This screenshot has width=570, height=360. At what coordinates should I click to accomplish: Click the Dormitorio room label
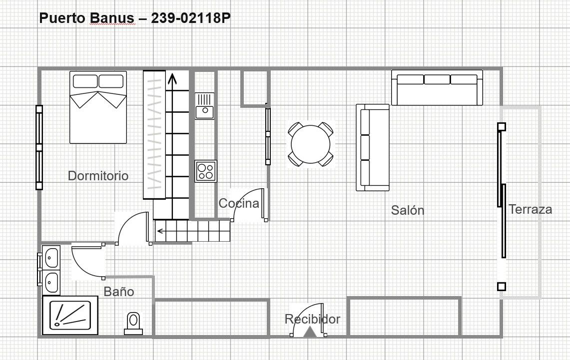[98, 176]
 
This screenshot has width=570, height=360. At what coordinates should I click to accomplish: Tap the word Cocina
[239, 203]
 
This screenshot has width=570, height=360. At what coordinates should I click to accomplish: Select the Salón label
[408, 210]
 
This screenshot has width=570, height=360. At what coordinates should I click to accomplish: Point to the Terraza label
[530, 209]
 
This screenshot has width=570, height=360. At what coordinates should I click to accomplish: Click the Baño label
[119, 291]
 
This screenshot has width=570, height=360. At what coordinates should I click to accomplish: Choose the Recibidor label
[312, 319]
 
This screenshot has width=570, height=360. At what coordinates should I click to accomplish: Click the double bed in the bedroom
[98, 107]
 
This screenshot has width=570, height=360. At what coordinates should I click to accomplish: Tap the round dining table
[311, 144]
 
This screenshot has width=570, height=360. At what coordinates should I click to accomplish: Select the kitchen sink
[205, 106]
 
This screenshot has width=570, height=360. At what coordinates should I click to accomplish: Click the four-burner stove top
[206, 171]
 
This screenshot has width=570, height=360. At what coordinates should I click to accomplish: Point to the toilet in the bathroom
[133, 323]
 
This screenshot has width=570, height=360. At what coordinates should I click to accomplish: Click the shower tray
[70, 316]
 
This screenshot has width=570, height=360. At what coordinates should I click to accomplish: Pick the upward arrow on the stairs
[171, 80]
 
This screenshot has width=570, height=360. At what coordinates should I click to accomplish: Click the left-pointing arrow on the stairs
[161, 231]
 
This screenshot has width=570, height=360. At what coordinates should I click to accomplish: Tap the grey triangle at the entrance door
[310, 332]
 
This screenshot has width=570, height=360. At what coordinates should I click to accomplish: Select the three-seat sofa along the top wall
[437, 87]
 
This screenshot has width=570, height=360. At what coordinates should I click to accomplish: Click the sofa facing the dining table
[373, 147]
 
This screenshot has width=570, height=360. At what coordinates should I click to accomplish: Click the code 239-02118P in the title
[191, 18]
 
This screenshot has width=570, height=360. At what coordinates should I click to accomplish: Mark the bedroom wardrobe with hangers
[154, 135]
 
